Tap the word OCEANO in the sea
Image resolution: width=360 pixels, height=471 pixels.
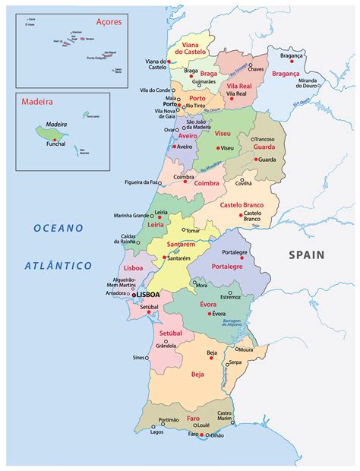click(x=58, y=228)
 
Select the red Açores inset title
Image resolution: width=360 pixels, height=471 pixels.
click(x=108, y=22)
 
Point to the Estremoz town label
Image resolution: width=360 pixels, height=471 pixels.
click(x=230, y=296)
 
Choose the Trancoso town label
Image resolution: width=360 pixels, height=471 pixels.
click(x=264, y=139)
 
